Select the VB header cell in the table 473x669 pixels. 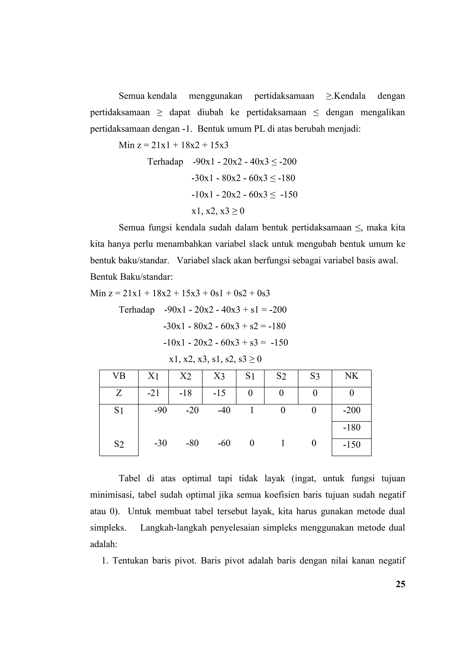[x=119, y=376]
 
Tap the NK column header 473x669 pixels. [x=351, y=376]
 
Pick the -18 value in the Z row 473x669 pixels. [x=185, y=393]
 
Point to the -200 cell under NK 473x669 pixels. [x=352, y=410]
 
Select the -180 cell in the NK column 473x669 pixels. [x=352, y=427]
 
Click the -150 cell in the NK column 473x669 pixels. [x=352, y=445]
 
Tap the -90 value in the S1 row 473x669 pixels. [x=161, y=410]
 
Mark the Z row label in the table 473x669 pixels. [x=119, y=393]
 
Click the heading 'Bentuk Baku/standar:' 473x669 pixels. [x=131, y=277]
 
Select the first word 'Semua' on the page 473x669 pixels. [x=132, y=96]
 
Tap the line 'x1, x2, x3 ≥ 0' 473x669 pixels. [x=218, y=211]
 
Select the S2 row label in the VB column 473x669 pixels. [x=119, y=444]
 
